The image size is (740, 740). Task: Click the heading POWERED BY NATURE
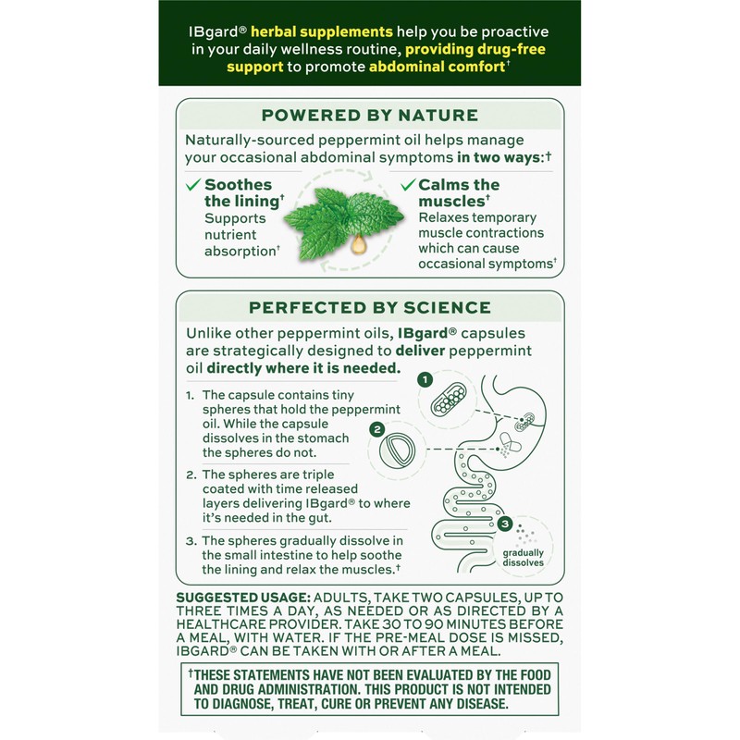[x=369, y=116]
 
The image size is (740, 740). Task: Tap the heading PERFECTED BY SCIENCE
[x=369, y=307]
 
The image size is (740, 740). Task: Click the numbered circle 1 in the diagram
[x=425, y=380]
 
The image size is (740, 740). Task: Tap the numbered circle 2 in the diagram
[x=376, y=429]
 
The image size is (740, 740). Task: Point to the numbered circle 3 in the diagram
[x=504, y=524]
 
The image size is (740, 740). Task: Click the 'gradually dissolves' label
[x=524, y=556]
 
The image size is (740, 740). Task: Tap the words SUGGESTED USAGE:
[x=243, y=599]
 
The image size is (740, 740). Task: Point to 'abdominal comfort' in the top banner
[x=433, y=68]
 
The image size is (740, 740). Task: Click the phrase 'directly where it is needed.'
[x=304, y=368]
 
